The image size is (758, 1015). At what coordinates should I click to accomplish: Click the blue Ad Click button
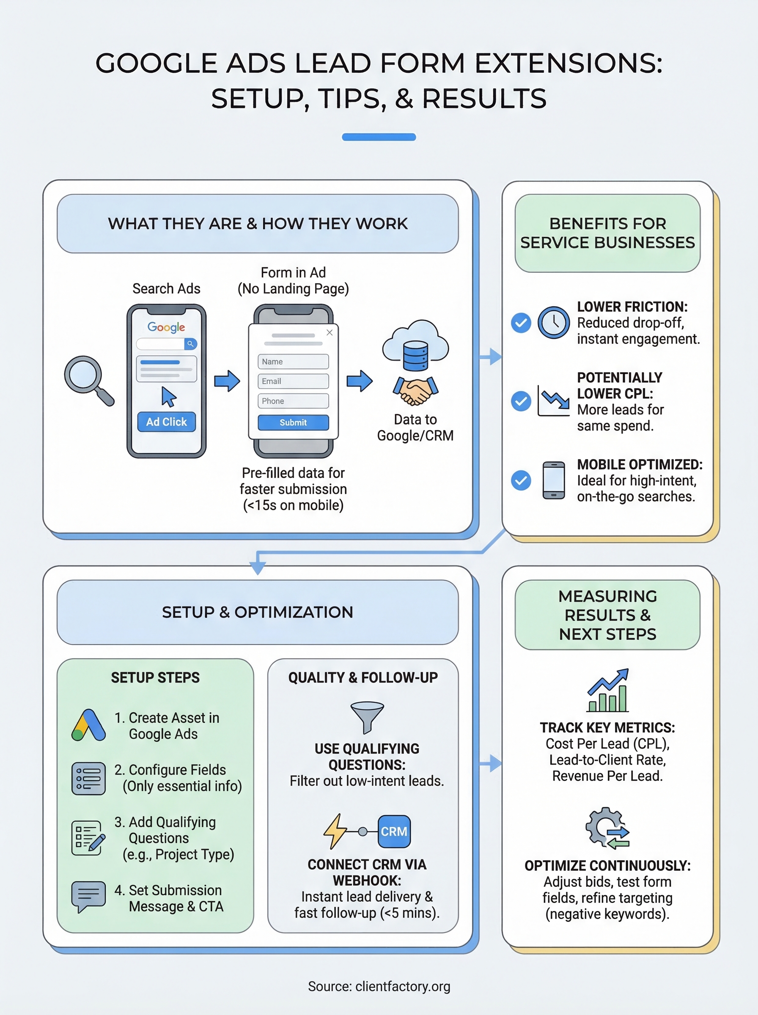[166, 422]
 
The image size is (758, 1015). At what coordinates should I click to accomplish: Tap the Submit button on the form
[293, 422]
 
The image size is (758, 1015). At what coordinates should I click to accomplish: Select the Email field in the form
[293, 381]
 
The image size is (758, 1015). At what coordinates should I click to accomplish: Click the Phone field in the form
[293, 401]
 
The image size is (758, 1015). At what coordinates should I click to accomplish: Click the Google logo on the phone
[166, 327]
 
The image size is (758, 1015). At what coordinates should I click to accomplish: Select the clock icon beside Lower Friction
[553, 323]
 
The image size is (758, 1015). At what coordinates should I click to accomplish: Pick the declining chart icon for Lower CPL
[553, 401]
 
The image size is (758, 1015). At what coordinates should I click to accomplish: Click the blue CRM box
[394, 831]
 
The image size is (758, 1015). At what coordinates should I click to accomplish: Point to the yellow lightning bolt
[335, 831]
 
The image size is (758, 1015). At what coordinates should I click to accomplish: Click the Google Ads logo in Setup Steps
[88, 726]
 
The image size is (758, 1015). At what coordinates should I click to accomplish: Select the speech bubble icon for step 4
[88, 896]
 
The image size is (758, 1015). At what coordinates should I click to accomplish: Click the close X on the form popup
[330, 332]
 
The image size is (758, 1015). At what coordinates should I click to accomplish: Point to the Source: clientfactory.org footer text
[379, 986]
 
